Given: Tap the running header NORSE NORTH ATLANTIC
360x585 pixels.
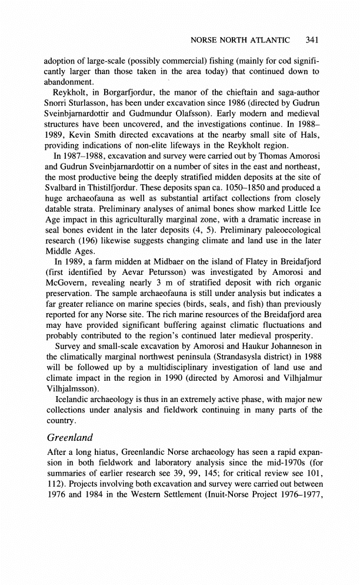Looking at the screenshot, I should point(241,40).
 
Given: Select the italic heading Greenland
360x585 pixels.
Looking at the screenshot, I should point(71,437).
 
